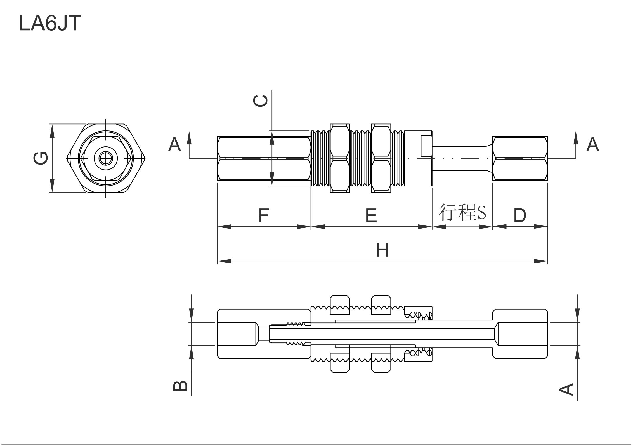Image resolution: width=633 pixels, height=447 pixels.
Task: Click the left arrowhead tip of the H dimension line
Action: (x=218, y=261)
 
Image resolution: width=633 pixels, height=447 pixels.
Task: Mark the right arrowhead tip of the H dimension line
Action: (x=547, y=261)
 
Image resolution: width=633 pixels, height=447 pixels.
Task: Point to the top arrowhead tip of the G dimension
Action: (x=52, y=124)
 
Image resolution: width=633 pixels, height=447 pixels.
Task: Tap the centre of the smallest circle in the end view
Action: (x=106, y=158)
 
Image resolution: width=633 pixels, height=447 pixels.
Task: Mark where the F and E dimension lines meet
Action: (x=311, y=227)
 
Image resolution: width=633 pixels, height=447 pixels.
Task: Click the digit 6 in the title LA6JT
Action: (x=51, y=23)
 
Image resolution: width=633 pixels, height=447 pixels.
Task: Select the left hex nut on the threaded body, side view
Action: (x=340, y=158)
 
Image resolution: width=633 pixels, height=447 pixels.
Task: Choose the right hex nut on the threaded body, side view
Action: (x=381, y=158)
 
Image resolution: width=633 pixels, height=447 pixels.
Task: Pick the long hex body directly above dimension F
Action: (x=264, y=158)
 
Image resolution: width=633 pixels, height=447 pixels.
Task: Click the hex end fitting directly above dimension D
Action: (x=520, y=158)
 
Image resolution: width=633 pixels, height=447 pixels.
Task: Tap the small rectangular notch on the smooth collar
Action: (x=426, y=146)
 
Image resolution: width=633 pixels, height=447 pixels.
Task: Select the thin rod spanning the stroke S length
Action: (x=462, y=158)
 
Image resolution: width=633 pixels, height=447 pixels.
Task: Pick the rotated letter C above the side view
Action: (x=260, y=101)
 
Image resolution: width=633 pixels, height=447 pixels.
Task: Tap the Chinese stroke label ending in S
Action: (x=462, y=213)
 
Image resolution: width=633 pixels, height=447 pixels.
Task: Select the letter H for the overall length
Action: (x=382, y=250)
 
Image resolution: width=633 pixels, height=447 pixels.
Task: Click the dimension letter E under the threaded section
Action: (x=371, y=215)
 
